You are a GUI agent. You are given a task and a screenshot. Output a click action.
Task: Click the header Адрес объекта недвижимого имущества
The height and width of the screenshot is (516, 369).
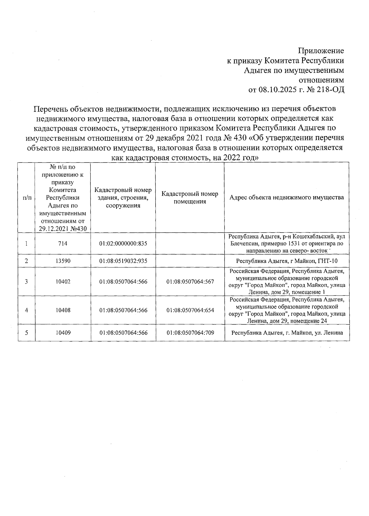tap(287, 197)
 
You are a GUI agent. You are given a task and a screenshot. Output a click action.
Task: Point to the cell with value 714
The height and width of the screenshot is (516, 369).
tap(63, 244)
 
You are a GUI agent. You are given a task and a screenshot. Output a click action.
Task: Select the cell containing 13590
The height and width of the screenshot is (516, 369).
tap(63, 261)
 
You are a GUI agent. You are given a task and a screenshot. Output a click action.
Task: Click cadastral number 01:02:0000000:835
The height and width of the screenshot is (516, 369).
tap(123, 244)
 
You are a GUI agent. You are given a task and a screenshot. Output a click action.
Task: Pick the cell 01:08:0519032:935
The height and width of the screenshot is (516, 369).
tap(123, 261)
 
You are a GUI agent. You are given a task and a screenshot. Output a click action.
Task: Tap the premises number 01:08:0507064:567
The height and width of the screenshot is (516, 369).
tap(190, 281)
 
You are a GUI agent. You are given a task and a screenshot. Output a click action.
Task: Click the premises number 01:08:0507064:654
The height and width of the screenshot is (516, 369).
tap(190, 310)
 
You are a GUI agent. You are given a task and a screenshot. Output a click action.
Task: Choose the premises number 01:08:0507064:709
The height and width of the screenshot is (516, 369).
tap(190, 333)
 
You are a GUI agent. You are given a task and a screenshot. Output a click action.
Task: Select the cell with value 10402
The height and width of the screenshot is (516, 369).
tap(63, 281)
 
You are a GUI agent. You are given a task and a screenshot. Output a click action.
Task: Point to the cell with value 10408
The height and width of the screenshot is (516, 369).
tap(63, 310)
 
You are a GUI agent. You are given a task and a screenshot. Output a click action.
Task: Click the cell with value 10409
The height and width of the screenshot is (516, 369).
tap(63, 333)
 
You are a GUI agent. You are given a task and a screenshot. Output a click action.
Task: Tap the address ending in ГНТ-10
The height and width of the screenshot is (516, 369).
tap(287, 261)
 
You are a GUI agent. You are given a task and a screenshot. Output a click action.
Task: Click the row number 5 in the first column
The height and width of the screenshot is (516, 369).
tap(26, 333)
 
